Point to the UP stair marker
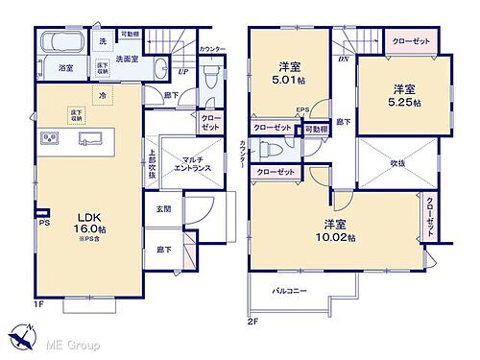tap(183, 70)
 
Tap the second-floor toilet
tap(272, 151)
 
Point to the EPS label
tap(301, 109)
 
